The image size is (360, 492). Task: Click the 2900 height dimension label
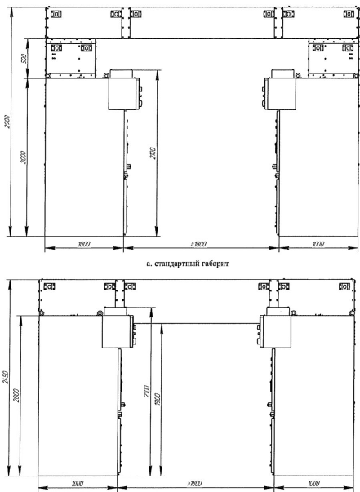pyautogui.click(x=8, y=122)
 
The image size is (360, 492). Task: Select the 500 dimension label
pyautogui.click(x=24, y=59)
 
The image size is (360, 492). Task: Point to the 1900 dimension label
pyautogui.click(x=158, y=399)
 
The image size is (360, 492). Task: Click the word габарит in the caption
pyautogui.click(x=216, y=264)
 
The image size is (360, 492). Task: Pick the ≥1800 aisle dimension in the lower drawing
pyautogui.click(x=194, y=484)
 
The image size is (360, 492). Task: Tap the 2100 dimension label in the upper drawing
pyautogui.click(x=153, y=153)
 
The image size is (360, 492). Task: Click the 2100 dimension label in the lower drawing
pyautogui.click(x=147, y=391)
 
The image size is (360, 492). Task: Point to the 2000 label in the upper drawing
pyautogui.click(x=24, y=157)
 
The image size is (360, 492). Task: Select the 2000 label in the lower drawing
pyautogui.click(x=16, y=396)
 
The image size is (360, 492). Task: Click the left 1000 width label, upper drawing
pyautogui.click(x=84, y=244)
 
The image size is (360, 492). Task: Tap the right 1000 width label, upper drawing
pyautogui.click(x=318, y=244)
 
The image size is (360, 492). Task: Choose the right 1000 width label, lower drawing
pyautogui.click(x=314, y=484)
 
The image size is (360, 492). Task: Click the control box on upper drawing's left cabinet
pyautogui.click(x=124, y=94)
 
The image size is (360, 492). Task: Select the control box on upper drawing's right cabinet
pyautogui.click(x=280, y=94)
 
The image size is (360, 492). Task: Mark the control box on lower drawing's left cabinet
pyautogui.click(x=118, y=331)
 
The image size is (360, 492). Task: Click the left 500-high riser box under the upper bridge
pyautogui.click(x=71, y=59)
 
